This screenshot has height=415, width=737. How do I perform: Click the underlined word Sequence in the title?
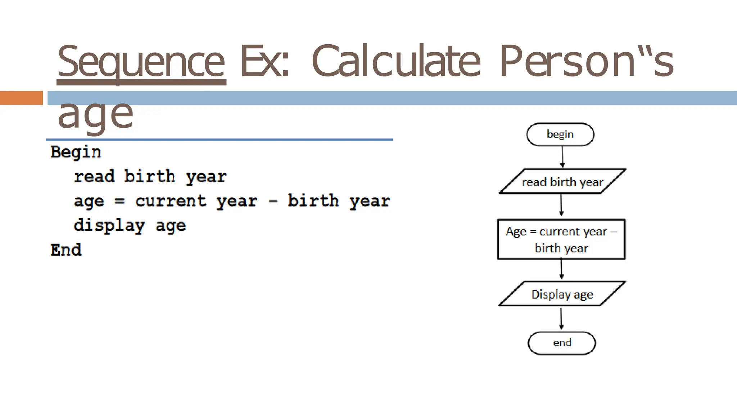point(141,62)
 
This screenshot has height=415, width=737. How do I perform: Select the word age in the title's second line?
point(95,115)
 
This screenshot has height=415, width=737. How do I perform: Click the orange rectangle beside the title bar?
point(21,98)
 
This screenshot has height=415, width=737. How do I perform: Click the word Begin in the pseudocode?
point(76,152)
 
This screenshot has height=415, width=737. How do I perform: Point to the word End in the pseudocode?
point(66,250)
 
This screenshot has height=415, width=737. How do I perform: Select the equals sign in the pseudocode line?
point(119,201)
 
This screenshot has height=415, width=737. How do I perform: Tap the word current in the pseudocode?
point(171,201)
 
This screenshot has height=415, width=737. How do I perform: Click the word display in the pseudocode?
point(109,226)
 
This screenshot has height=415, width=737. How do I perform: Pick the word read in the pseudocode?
point(94,177)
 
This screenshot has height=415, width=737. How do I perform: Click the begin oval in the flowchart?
point(560,134)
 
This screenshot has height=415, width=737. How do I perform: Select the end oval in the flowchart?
point(561,343)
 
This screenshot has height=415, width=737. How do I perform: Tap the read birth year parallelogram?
point(562,182)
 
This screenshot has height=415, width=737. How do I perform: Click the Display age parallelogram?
point(562,294)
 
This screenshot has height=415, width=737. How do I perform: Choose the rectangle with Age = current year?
point(561,239)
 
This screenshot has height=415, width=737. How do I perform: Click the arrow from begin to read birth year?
point(562,157)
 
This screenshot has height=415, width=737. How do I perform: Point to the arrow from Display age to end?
point(561,318)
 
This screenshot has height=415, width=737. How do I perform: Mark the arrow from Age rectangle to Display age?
point(561,269)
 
